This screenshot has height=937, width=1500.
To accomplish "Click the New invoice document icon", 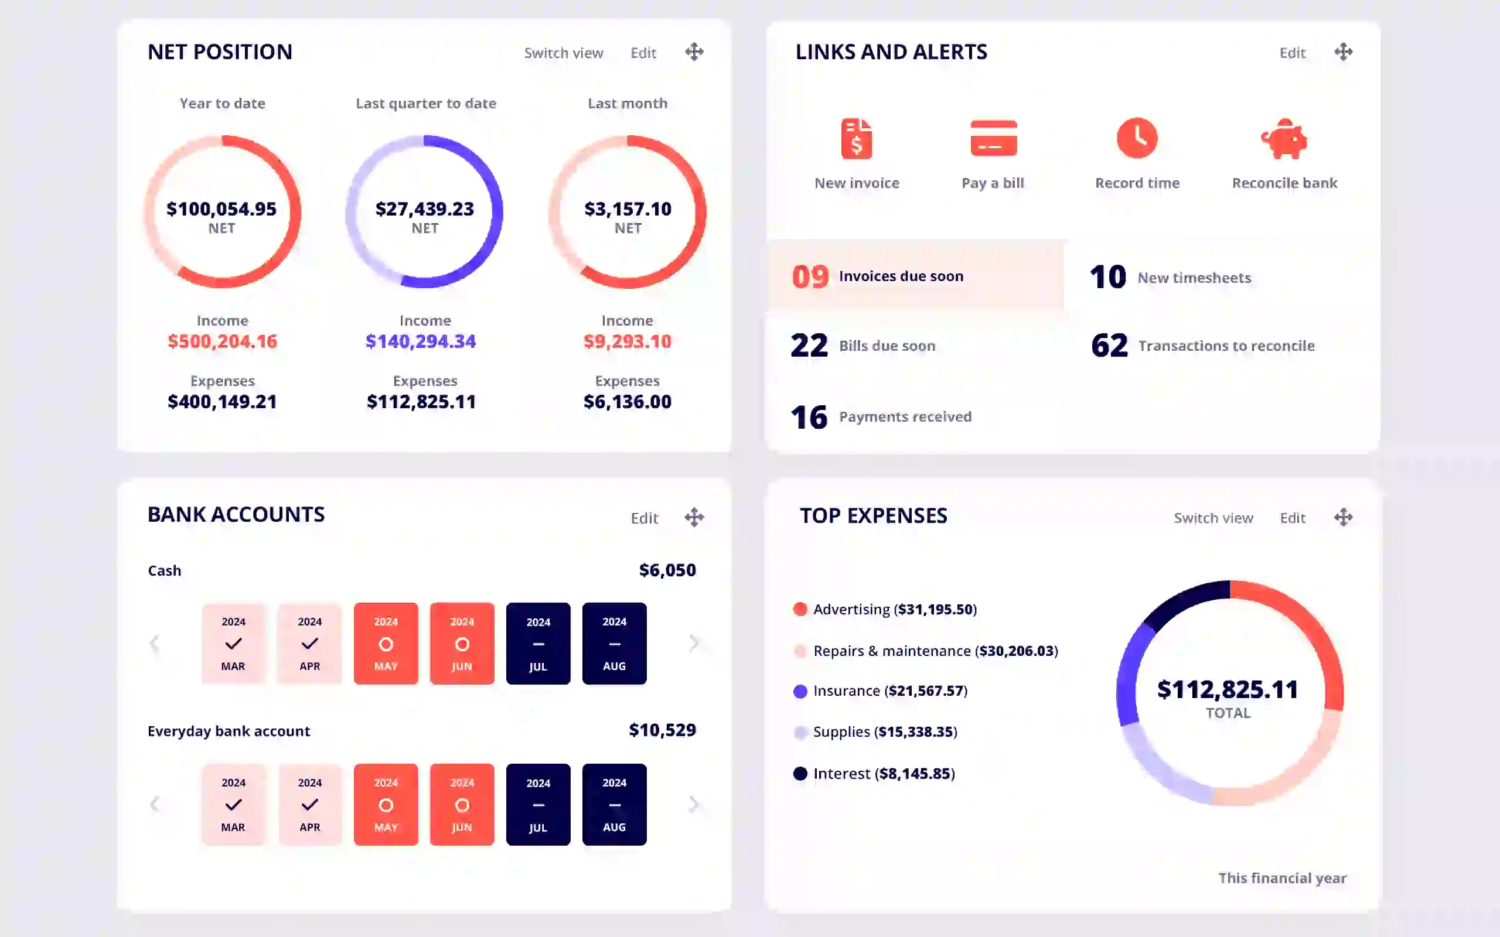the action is coord(857,138).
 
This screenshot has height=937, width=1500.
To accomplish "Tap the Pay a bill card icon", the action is coord(993,138).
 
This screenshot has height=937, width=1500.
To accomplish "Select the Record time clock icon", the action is coord(1137,138).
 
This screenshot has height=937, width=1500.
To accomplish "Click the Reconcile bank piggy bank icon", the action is coord(1284,138).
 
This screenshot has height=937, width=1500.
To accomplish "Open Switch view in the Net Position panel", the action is coord(564,53).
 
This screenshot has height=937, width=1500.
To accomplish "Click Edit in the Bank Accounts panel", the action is coord(644,518).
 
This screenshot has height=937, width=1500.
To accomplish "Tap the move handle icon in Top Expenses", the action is coord(1343,517).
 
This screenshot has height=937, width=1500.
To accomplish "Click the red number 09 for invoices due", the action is coord(810,276).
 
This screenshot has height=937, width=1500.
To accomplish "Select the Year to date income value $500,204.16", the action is coord(223,341).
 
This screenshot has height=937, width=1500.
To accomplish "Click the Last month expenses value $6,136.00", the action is coord(628,402).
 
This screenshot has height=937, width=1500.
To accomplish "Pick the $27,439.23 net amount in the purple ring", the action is coord(425,209).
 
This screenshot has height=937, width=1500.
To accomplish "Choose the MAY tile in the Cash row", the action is coord(386,643).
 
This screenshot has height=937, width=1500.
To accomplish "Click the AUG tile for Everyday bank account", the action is coord(614,805).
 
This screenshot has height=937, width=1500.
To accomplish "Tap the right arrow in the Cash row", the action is coord(694,643).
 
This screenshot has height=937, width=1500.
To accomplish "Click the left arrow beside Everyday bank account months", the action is coord(154,805).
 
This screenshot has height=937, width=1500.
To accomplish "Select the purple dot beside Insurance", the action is coord(800,691).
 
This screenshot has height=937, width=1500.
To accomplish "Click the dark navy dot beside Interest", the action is coord(800,774).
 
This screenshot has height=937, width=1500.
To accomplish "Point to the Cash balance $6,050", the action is coord(667,570).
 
